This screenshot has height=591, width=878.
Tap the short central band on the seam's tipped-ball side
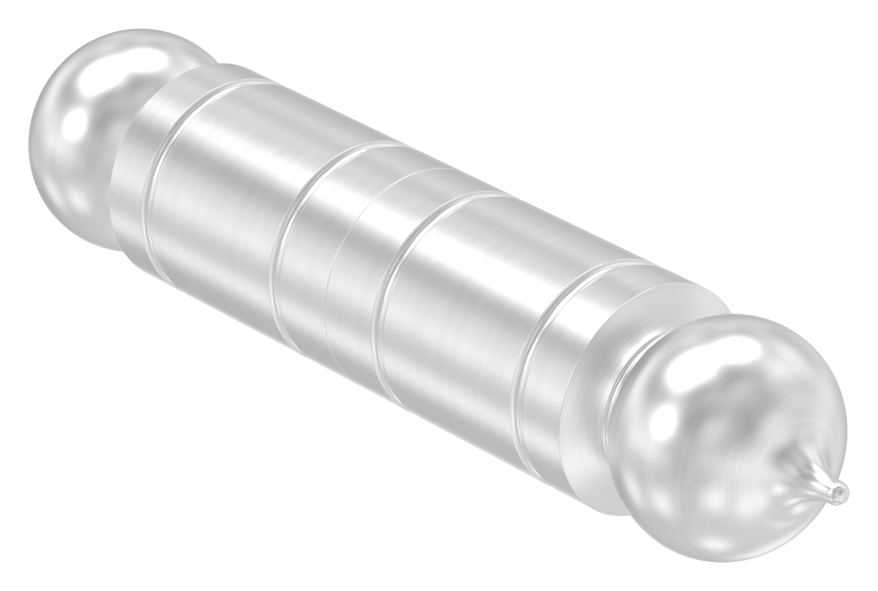coord(363,279)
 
